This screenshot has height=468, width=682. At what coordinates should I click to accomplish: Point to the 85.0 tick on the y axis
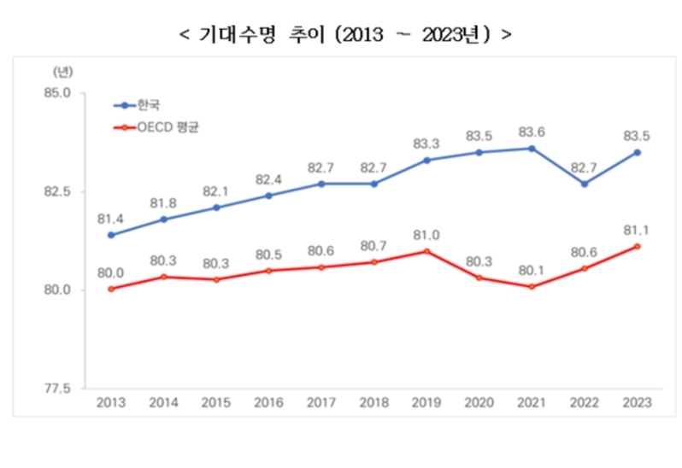[60, 92]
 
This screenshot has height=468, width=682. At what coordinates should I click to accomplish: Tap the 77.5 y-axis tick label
[60, 389]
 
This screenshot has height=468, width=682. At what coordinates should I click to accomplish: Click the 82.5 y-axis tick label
[60, 191]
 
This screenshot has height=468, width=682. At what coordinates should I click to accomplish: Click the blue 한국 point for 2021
[532, 148]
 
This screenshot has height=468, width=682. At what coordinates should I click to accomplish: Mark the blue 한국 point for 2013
[110, 235]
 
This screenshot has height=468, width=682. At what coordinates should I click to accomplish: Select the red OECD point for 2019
[426, 251]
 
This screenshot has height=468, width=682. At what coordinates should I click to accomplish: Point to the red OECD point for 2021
[532, 286]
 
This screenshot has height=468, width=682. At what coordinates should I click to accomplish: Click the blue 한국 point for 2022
[585, 184]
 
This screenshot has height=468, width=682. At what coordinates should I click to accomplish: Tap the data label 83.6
[532, 132]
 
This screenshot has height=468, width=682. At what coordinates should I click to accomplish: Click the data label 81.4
[110, 219]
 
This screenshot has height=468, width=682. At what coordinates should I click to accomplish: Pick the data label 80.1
[532, 270]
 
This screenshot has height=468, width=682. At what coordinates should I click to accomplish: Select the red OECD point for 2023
[637, 247]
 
